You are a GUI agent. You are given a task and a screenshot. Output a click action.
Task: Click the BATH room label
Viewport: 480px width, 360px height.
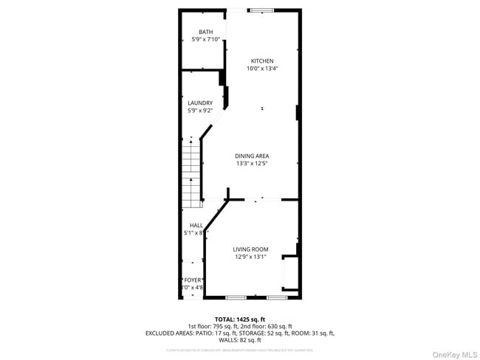(205, 32)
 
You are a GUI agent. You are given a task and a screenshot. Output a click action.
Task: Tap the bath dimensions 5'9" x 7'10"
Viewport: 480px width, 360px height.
(205, 39)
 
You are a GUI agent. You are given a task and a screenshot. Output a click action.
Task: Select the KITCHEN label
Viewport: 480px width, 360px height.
(262, 60)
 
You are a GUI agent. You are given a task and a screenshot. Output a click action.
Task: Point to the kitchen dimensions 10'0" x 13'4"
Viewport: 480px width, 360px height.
(262, 69)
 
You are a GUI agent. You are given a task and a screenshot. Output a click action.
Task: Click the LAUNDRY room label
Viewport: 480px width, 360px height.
(200, 103)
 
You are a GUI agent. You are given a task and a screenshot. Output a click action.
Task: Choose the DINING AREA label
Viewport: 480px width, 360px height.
(252, 156)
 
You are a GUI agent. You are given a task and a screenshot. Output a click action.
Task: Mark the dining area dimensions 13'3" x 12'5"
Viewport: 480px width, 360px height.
(252, 163)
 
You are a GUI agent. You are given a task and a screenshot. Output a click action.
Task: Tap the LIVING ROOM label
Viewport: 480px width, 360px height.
(250, 249)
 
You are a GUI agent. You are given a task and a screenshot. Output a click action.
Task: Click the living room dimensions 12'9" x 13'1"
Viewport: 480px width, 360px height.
(250, 257)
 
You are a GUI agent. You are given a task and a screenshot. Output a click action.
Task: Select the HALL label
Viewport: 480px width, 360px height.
(196, 225)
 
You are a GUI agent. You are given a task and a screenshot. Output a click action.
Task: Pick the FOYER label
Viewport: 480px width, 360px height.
(193, 280)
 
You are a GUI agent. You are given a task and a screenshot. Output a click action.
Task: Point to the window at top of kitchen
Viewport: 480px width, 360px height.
(261, 10)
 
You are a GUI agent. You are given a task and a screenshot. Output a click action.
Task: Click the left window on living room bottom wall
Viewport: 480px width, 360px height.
(236, 297)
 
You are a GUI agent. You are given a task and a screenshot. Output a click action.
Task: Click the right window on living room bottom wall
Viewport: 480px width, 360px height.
(277, 297)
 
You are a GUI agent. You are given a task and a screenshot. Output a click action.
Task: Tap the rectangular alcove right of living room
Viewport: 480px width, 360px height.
(290, 273)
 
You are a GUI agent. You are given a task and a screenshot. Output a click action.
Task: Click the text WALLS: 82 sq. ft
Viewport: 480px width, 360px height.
(239, 340)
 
